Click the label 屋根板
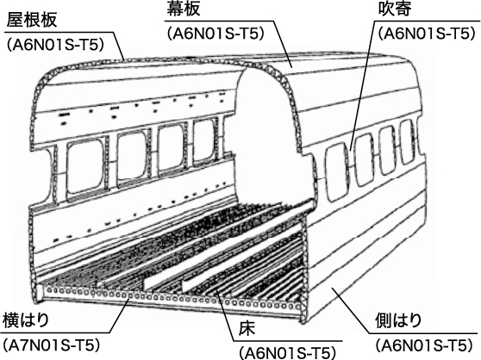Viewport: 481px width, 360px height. click(x=32, y=20)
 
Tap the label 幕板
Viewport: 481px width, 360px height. click(x=184, y=9)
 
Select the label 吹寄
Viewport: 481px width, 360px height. click(x=395, y=9)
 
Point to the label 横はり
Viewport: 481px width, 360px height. click(x=26, y=320)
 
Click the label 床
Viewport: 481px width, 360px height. click(x=247, y=330)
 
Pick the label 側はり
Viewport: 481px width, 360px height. click(x=398, y=320)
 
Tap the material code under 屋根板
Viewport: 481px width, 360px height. click(x=55, y=45)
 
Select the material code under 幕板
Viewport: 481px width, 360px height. click(x=216, y=34)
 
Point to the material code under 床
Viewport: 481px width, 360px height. click(x=287, y=353)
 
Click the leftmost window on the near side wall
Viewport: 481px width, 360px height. click(x=85, y=166)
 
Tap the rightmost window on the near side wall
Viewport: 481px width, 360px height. click(x=203, y=140)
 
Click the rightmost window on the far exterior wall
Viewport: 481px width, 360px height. click(x=408, y=142)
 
